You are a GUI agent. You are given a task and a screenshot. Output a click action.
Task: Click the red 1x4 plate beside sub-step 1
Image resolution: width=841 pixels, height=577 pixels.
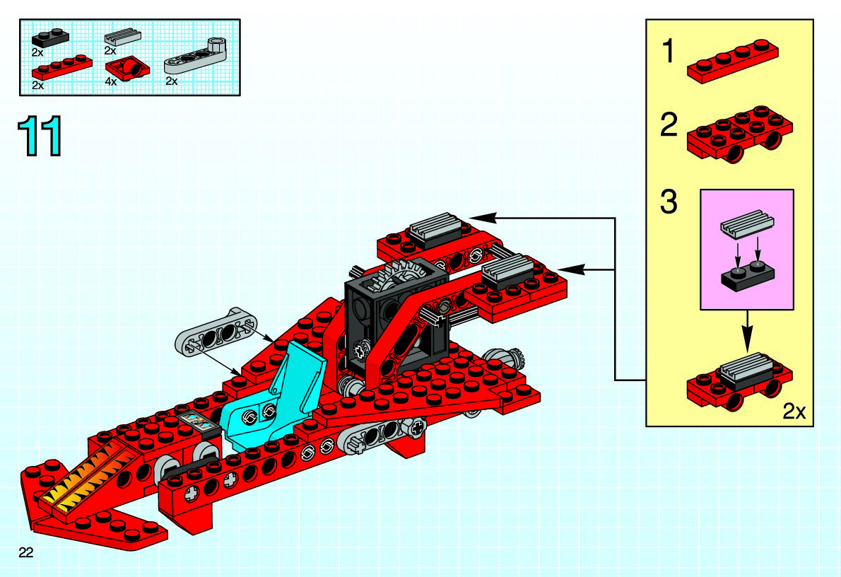tap(734, 62)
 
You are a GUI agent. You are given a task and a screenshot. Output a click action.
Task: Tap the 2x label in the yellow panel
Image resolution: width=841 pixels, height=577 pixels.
tap(794, 412)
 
